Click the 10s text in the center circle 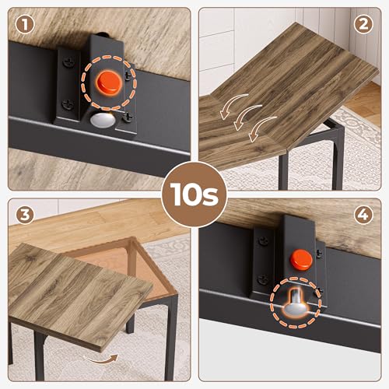(194, 193)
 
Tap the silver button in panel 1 (102, 119)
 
